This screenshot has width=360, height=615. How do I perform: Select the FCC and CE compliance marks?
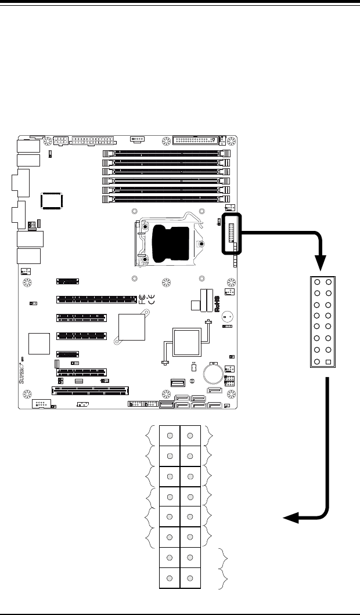[x=146, y=299]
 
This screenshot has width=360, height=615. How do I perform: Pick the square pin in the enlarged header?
[x=329, y=362]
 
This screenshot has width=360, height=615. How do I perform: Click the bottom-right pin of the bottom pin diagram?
[x=191, y=578]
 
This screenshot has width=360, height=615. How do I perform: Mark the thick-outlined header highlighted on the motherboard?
[x=232, y=233]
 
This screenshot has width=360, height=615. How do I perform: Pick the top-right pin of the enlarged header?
[x=329, y=283]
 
